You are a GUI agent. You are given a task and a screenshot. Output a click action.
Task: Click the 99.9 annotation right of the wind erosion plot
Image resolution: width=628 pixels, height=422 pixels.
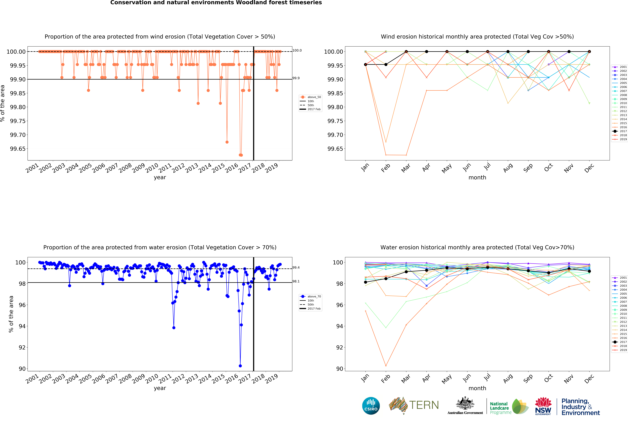tap(296, 78)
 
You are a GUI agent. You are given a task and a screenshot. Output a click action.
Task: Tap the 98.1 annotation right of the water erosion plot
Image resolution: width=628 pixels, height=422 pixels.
tap(296, 281)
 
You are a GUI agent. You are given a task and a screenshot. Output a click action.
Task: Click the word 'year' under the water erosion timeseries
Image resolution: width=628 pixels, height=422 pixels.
tap(160, 388)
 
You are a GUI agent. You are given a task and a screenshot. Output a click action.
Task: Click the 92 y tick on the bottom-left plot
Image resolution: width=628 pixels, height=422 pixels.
tap(22, 347)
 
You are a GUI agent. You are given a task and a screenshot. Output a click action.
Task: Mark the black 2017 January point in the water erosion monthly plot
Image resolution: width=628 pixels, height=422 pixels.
tap(365, 282)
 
